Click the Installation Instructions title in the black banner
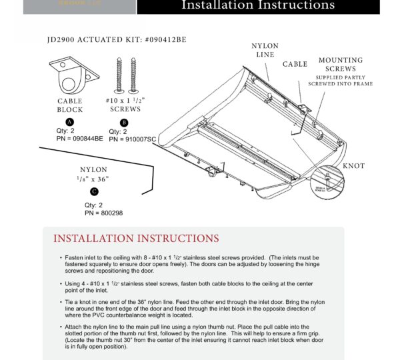pyautogui.click(x=258, y=6)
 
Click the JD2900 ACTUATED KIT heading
pyautogui.click(x=117, y=40)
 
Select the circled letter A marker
pyautogui.click(x=70, y=121)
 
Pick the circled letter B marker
pyautogui.click(x=123, y=123)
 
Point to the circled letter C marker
pyautogui.click(x=94, y=191)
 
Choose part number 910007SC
pyautogui.click(x=132, y=139)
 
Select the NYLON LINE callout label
pyautogui.click(x=265, y=51)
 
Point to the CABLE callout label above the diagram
pyautogui.click(x=295, y=65)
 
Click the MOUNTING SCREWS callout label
pyautogui.click(x=340, y=65)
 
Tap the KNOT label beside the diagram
pyautogui.click(x=353, y=166)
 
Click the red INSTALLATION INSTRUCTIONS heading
pyautogui.click(x=136, y=239)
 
